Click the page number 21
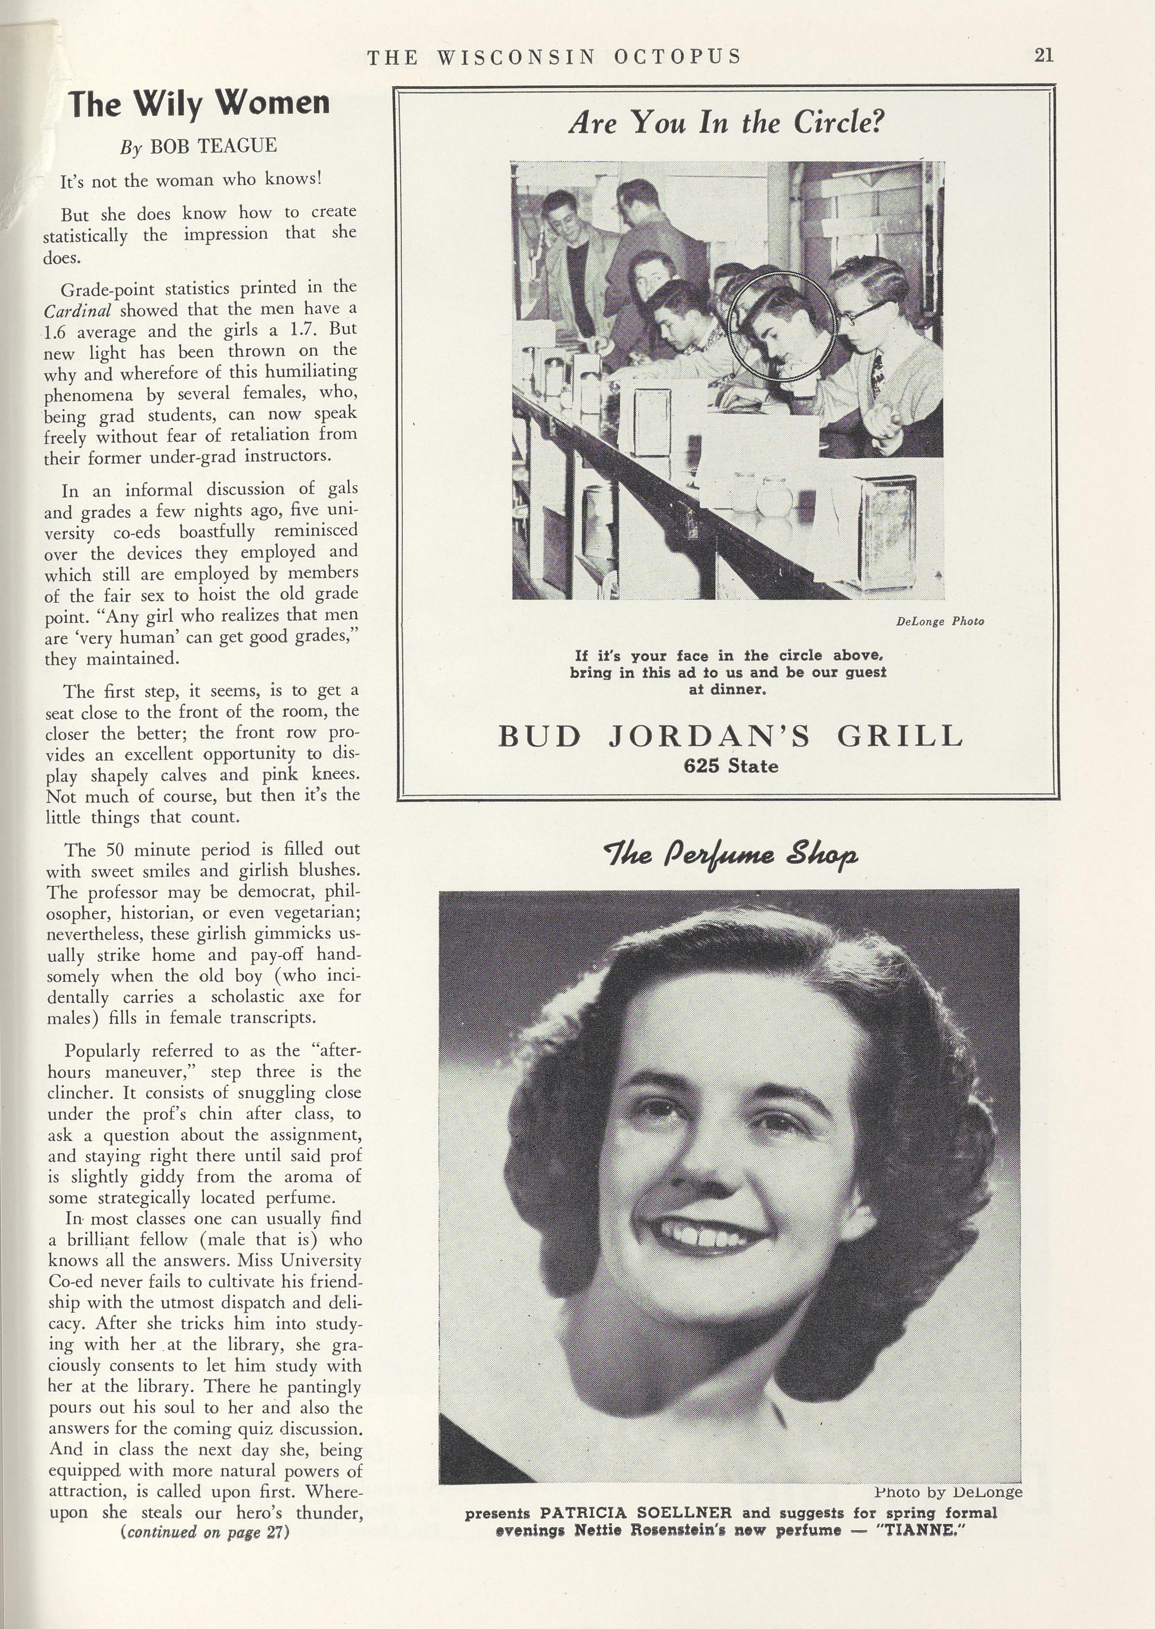point(1043,55)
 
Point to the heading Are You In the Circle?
point(726,124)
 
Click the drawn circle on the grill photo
point(781,326)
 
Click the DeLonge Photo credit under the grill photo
point(940,621)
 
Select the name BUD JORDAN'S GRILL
point(730,736)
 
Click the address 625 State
point(730,766)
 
